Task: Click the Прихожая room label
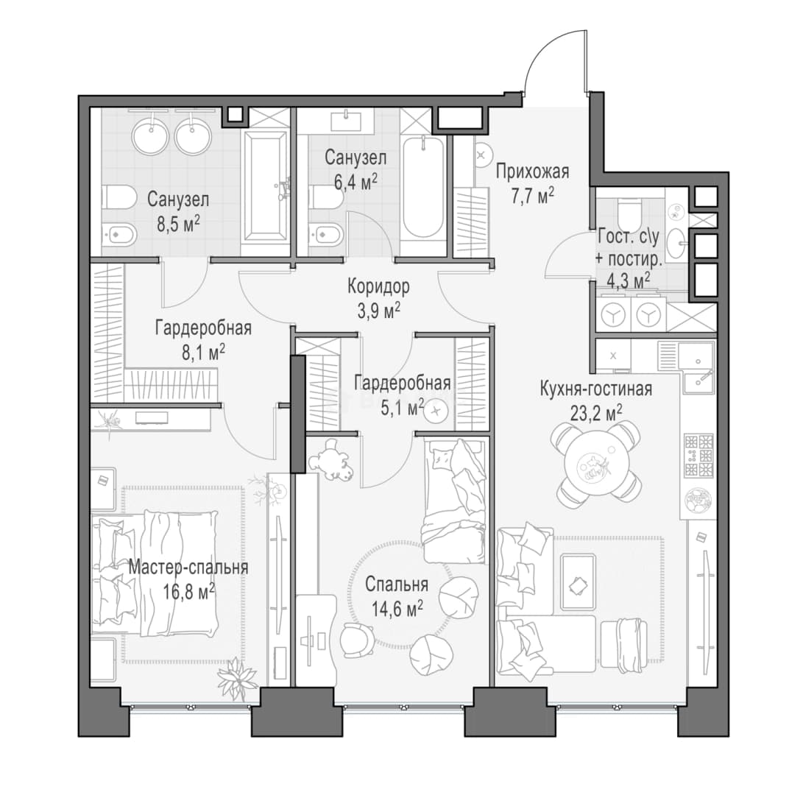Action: (532, 172)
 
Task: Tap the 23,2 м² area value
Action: (596, 413)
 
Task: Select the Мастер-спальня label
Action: (188, 566)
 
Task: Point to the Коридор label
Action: (378, 286)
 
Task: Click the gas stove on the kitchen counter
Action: (698, 456)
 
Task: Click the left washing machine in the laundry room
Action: (613, 315)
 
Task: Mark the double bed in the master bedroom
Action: (155, 574)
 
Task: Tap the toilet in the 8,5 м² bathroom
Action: (118, 197)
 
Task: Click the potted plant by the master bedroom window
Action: (237, 677)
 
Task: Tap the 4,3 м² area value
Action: (629, 280)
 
